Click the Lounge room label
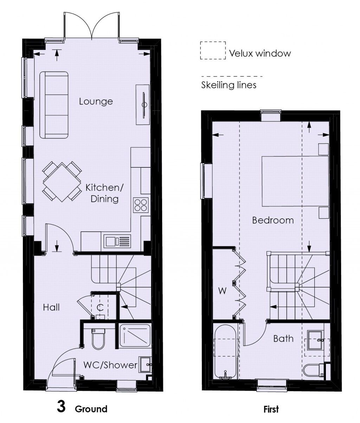[96, 102]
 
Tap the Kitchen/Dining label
[104, 193]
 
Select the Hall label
[51, 307]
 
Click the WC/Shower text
[110, 365]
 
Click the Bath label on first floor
[283, 339]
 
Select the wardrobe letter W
[222, 291]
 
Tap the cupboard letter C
[100, 308]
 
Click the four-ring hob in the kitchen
[141, 205]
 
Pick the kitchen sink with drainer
[117, 242]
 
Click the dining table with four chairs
[62, 182]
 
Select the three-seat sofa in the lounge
[54, 105]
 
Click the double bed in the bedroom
[295, 181]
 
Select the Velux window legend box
[213, 50]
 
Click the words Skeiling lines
[229, 85]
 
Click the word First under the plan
[271, 409]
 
